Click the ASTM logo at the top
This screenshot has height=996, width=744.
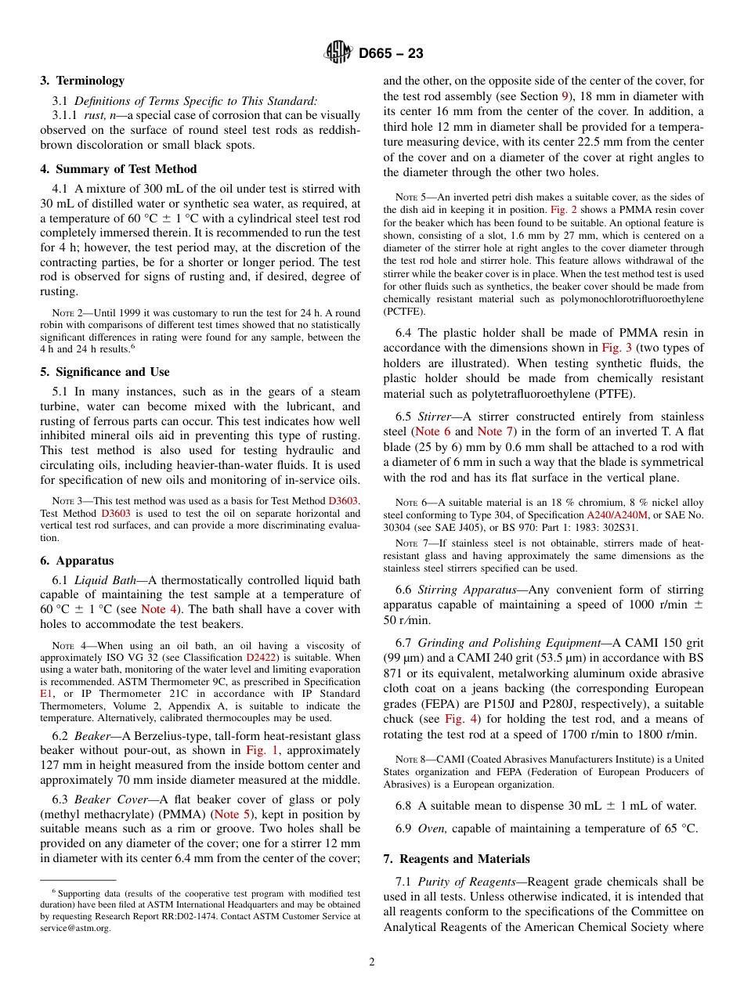[338, 53]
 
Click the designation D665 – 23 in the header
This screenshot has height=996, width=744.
[391, 53]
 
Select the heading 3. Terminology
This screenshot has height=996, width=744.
[82, 81]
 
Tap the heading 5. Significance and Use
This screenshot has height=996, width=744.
[104, 372]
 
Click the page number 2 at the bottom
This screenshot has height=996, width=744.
[372, 962]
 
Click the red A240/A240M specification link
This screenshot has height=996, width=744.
[618, 515]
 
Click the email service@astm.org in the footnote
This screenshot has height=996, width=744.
[75, 928]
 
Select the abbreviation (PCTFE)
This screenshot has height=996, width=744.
[405, 311]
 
